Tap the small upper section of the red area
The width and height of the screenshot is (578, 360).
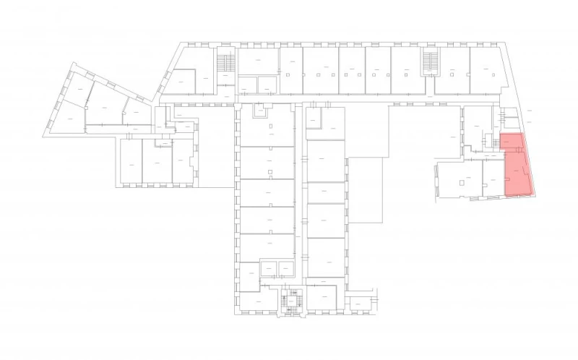(x=511, y=141)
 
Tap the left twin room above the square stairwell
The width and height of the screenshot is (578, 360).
(x=268, y=268)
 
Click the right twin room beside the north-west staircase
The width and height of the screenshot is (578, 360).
(x=267, y=85)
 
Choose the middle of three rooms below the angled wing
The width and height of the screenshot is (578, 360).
(x=157, y=160)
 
